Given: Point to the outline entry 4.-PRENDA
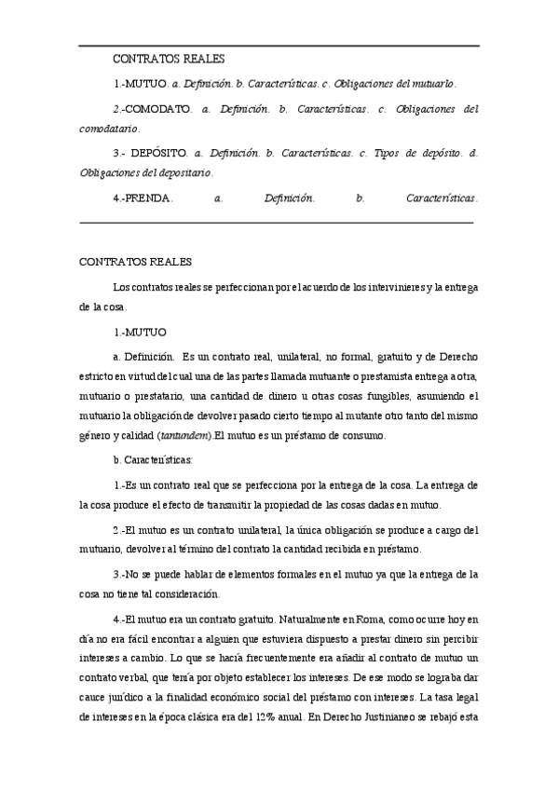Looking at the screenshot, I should coord(143,197).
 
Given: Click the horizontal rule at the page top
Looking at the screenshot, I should coord(279,46).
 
